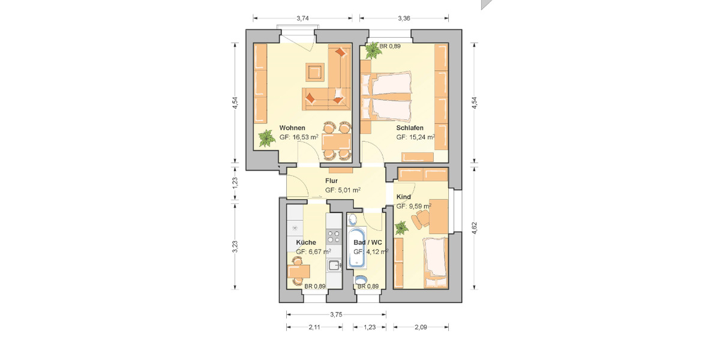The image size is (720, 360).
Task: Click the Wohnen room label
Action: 292,128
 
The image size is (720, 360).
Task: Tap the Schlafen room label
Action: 410,128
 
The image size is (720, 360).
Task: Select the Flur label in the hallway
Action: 331,181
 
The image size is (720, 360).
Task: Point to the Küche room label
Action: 306,242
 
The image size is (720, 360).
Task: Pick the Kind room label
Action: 403,197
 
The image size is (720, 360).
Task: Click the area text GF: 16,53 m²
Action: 299,137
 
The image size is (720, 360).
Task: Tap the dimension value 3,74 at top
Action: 304,19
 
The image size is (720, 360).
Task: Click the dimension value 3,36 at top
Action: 404,19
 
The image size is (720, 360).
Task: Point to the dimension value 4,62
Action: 474,229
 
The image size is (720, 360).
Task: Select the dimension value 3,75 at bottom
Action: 336,314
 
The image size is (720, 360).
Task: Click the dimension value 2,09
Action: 421,327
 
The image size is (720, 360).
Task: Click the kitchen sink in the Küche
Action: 334,265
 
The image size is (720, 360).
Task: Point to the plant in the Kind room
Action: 401,227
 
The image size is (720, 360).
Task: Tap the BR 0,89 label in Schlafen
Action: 390,46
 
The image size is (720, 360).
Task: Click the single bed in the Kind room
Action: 436,259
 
